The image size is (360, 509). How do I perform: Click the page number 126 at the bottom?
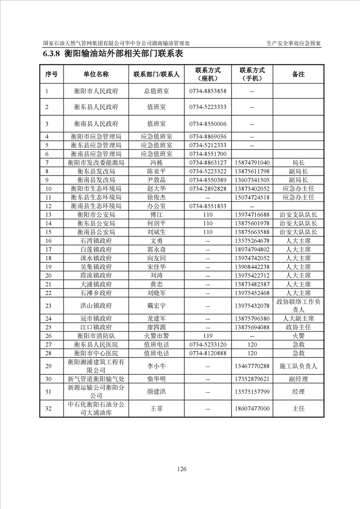[x=182, y=469]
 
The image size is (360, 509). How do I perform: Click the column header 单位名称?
[x=96, y=74]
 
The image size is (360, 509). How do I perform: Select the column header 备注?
[x=298, y=74]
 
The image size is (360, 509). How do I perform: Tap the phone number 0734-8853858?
[x=207, y=91]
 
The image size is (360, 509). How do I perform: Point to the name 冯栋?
[x=156, y=162]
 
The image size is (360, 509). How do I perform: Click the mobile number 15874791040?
[x=252, y=162]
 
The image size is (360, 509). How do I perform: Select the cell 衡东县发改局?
[x=96, y=171]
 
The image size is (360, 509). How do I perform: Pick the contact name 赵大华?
[x=156, y=188]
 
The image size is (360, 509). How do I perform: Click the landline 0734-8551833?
[x=207, y=206]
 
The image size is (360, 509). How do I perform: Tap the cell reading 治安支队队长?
[x=298, y=215]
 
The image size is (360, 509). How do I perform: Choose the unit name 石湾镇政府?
[x=96, y=240]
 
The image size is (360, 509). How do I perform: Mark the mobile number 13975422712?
[x=252, y=275]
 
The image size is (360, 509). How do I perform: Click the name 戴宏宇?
[x=156, y=306]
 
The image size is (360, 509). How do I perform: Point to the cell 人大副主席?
[x=298, y=318]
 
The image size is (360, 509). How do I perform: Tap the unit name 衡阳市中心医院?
[x=96, y=353]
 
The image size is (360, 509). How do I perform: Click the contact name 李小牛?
[x=156, y=366]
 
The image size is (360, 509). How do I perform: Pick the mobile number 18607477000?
[x=252, y=409]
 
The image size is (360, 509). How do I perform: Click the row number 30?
[x=49, y=379]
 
